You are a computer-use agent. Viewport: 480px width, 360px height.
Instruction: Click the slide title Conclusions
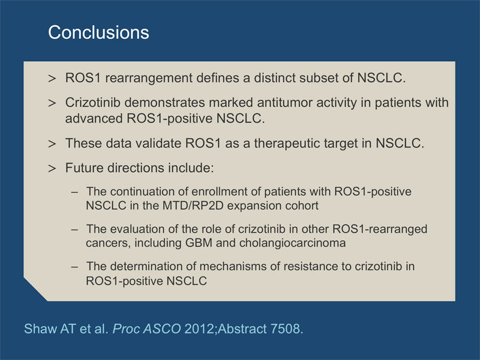[98, 32]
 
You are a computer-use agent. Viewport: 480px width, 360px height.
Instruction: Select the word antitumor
[284, 103]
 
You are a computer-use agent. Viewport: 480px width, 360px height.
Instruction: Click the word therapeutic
[313, 143]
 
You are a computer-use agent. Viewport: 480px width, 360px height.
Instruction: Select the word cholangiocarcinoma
[292, 243]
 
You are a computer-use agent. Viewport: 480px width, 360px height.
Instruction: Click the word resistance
[312, 266]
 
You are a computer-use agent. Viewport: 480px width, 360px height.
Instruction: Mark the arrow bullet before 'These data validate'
[52, 143]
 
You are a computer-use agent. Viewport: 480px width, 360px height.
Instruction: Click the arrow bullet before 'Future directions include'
[52, 168]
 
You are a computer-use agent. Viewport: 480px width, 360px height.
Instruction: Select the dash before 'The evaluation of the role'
[74, 230]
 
